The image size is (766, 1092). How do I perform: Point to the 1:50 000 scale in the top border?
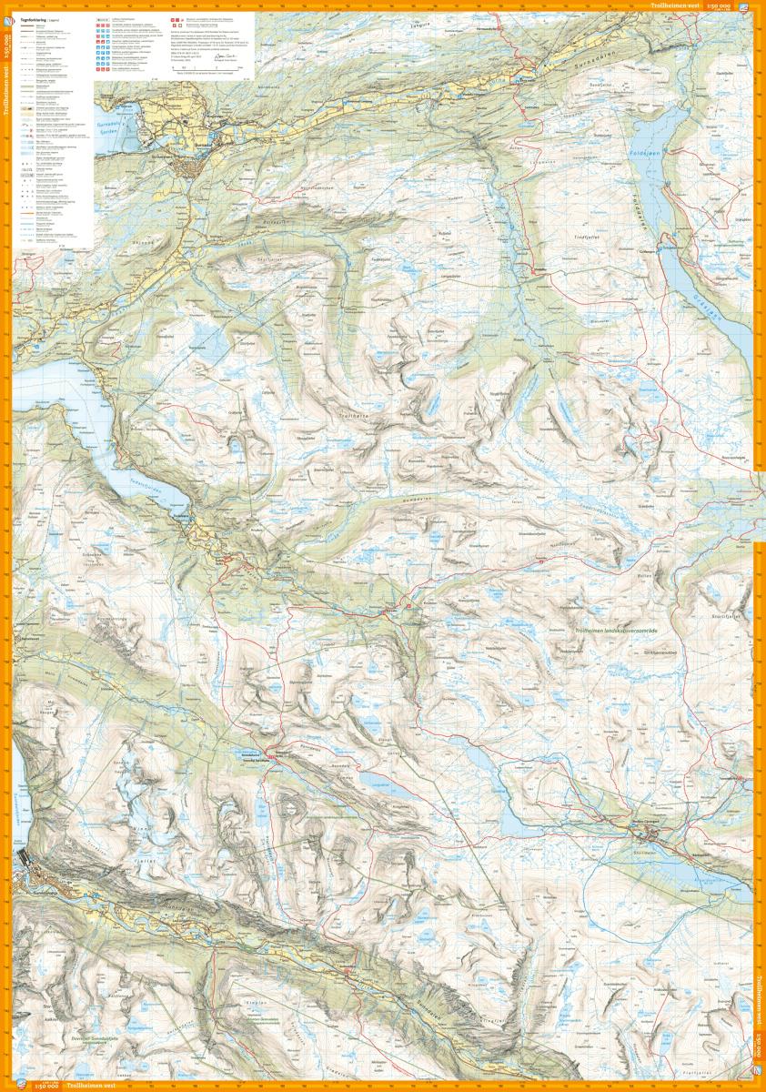727,5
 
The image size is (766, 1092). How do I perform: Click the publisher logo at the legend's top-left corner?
99,17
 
